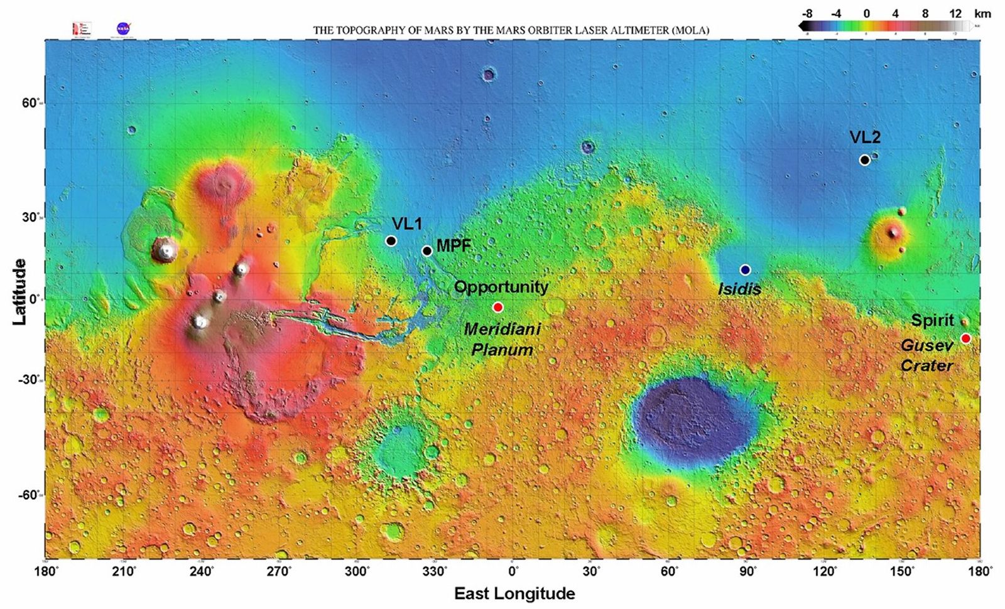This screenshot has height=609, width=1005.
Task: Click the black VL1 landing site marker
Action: (x=391, y=240)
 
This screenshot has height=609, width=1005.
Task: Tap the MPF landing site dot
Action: (x=427, y=251)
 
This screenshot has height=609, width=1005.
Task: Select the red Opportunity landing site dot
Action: (x=497, y=307)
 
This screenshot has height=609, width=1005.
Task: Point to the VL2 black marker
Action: (x=864, y=160)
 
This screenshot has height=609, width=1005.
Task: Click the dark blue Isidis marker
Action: (x=745, y=270)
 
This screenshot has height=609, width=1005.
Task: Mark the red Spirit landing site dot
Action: (x=965, y=338)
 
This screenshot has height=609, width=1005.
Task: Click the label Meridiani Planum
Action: (x=502, y=339)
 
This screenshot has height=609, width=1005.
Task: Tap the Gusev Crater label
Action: (x=927, y=355)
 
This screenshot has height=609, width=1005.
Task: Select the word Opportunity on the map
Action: (x=501, y=287)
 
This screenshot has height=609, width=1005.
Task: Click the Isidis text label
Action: (x=739, y=289)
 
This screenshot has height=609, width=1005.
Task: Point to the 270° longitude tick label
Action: (x=280, y=571)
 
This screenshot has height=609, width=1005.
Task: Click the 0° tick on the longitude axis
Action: (x=513, y=571)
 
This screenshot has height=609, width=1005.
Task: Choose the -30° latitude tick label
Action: (x=29, y=380)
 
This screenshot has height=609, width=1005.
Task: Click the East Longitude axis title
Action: (x=514, y=593)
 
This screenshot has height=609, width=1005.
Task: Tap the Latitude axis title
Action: (x=19, y=291)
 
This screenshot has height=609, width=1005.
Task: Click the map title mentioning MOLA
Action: (x=511, y=30)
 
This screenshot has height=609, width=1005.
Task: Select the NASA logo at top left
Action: (x=123, y=28)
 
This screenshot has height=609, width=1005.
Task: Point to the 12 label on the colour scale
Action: (x=955, y=13)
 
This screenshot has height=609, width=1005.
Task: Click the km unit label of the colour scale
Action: (x=982, y=13)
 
